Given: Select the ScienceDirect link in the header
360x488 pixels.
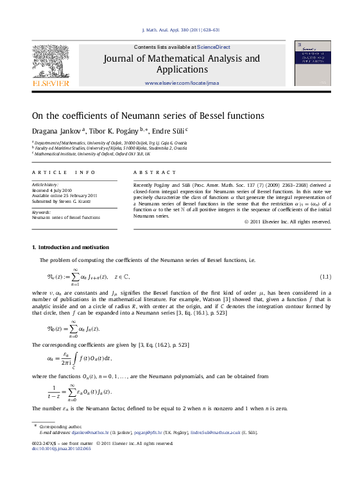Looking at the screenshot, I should pos(214,47).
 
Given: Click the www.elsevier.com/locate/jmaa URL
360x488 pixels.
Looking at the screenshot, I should pos(182,83).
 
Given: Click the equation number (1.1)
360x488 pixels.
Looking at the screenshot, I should pos(325,277).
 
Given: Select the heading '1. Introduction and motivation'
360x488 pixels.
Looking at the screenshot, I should pos(71,247).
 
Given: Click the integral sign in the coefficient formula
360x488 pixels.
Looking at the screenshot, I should pos(74,358).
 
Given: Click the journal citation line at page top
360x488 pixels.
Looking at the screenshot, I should pos(180,30).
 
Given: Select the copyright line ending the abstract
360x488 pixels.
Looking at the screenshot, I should pos(287,222).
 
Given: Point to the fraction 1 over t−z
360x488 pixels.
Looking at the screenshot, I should pos(54,391).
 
